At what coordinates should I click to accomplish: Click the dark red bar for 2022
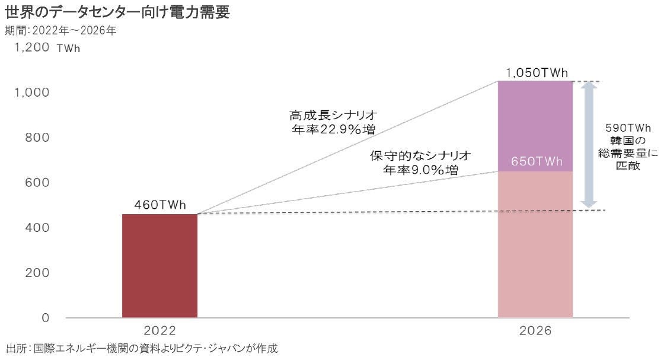coord(159,266)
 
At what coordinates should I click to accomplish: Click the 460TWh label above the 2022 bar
coord(159,205)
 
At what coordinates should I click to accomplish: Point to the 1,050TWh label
coord(537,72)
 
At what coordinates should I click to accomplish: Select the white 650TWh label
coord(537,161)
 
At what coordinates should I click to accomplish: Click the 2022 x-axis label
coord(159,331)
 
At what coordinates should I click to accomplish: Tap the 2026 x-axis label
coord(535,331)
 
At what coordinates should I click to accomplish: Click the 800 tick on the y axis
coord(37,138)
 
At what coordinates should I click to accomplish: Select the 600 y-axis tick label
coord(37,183)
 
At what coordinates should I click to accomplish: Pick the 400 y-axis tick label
coord(37,228)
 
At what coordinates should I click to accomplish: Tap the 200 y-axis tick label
coord(37,273)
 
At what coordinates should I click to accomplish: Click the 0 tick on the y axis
coord(46,317)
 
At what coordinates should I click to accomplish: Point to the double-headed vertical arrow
coord(588,145)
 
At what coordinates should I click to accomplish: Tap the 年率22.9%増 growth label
coord(334,129)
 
